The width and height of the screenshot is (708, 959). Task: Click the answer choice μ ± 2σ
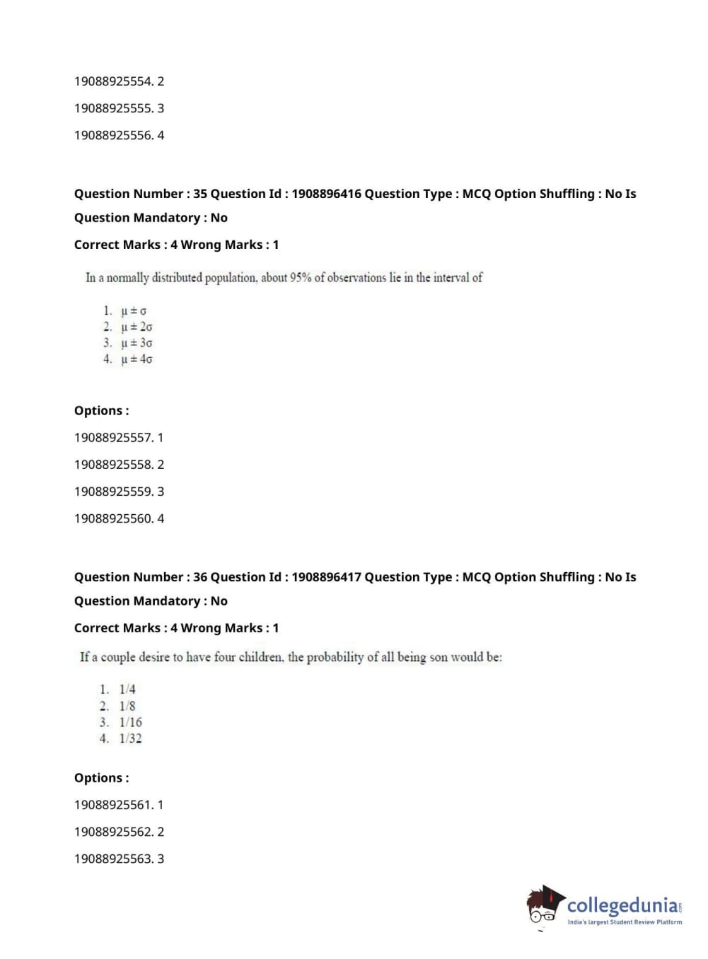point(137,327)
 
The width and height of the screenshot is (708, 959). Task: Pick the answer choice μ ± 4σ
point(137,359)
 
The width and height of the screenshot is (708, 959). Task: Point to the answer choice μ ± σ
point(134,310)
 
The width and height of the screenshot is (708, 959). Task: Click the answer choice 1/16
point(130,722)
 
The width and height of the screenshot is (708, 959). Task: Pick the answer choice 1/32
point(130,738)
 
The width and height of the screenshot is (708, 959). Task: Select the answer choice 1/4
point(127,689)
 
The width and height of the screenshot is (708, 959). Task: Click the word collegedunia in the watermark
point(622,905)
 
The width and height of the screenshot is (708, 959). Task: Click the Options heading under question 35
point(102,411)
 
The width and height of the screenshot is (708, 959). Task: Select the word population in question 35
point(231,278)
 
